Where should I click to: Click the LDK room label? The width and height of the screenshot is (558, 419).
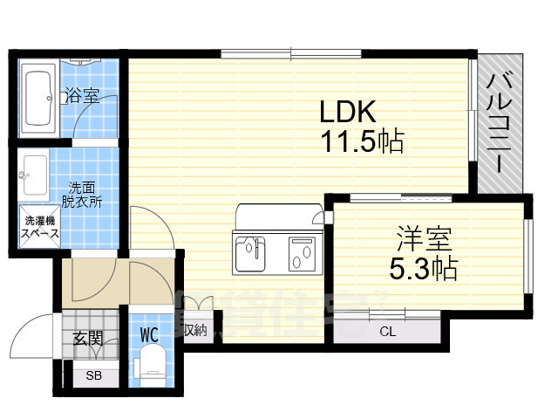click(x=347, y=113)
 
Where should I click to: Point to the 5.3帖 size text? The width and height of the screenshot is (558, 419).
click(x=423, y=267)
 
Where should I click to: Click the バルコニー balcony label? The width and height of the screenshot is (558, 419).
click(x=500, y=123)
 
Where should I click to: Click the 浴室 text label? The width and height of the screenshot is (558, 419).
click(x=83, y=96)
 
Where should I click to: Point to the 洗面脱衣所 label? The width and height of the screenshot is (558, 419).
click(x=85, y=193)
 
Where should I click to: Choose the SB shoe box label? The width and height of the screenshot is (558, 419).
click(x=91, y=377)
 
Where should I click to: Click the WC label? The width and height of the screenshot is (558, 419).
click(x=149, y=333)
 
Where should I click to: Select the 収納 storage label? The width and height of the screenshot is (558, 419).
click(x=195, y=330)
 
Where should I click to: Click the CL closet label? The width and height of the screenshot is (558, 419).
click(x=387, y=330)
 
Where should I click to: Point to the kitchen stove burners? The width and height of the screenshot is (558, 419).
click(x=302, y=254)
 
